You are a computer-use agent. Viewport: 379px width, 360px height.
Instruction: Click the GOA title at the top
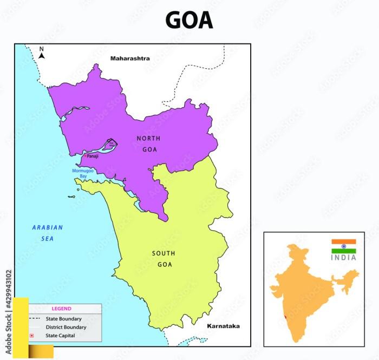point(189,21)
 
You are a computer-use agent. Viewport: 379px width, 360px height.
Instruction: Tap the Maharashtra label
point(130,58)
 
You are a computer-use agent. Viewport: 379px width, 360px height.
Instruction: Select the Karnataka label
point(223,326)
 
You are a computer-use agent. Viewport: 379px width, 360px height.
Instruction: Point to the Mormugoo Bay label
point(80,173)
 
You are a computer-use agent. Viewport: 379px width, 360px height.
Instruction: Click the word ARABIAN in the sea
point(48,228)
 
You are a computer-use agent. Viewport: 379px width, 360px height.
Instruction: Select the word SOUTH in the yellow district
point(164,253)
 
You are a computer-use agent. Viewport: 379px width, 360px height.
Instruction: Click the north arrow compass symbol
point(42,53)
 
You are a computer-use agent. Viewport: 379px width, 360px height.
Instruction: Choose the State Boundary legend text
point(64,319)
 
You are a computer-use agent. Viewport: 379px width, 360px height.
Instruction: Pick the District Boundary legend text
point(66,328)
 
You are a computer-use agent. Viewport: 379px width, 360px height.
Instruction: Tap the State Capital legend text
point(61,336)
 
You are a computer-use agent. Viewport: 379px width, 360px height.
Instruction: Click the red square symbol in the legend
point(31,336)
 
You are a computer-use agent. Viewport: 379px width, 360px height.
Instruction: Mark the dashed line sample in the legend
point(35,319)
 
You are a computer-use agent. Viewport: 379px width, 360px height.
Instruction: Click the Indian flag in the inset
point(344,246)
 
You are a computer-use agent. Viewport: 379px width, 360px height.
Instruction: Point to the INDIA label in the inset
point(344,258)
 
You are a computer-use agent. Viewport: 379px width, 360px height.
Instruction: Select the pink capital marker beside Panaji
point(84,155)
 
